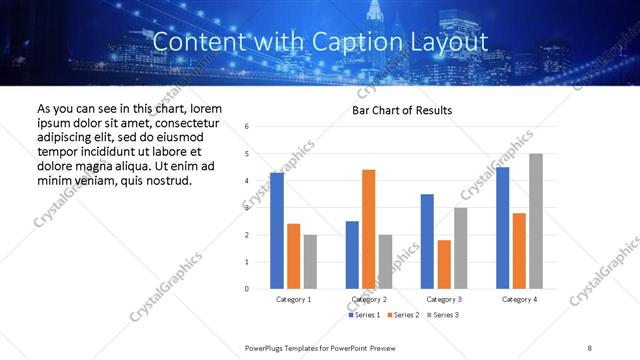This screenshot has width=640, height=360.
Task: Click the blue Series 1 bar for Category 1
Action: coord(276,231)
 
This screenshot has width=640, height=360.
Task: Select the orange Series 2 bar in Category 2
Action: coord(368,229)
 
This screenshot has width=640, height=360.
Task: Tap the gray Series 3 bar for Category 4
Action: coord(536,221)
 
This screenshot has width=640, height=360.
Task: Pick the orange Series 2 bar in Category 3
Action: coord(444,264)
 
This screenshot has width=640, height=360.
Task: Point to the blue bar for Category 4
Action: coord(502,228)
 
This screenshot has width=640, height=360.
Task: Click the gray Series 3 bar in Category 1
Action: coord(310,262)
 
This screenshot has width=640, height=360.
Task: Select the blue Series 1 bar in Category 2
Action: coord(352,255)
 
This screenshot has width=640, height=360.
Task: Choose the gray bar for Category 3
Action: coord(460,248)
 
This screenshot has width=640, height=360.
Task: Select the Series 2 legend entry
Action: coord(402,315)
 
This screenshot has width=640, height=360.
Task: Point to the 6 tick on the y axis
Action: coord(247,126)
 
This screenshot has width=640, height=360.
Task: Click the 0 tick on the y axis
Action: coord(247,289)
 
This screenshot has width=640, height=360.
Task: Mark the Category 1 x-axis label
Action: coord(293,299)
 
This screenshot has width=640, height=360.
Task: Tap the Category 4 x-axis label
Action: coord(519,299)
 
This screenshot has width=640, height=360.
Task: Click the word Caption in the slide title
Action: coord(360,42)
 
